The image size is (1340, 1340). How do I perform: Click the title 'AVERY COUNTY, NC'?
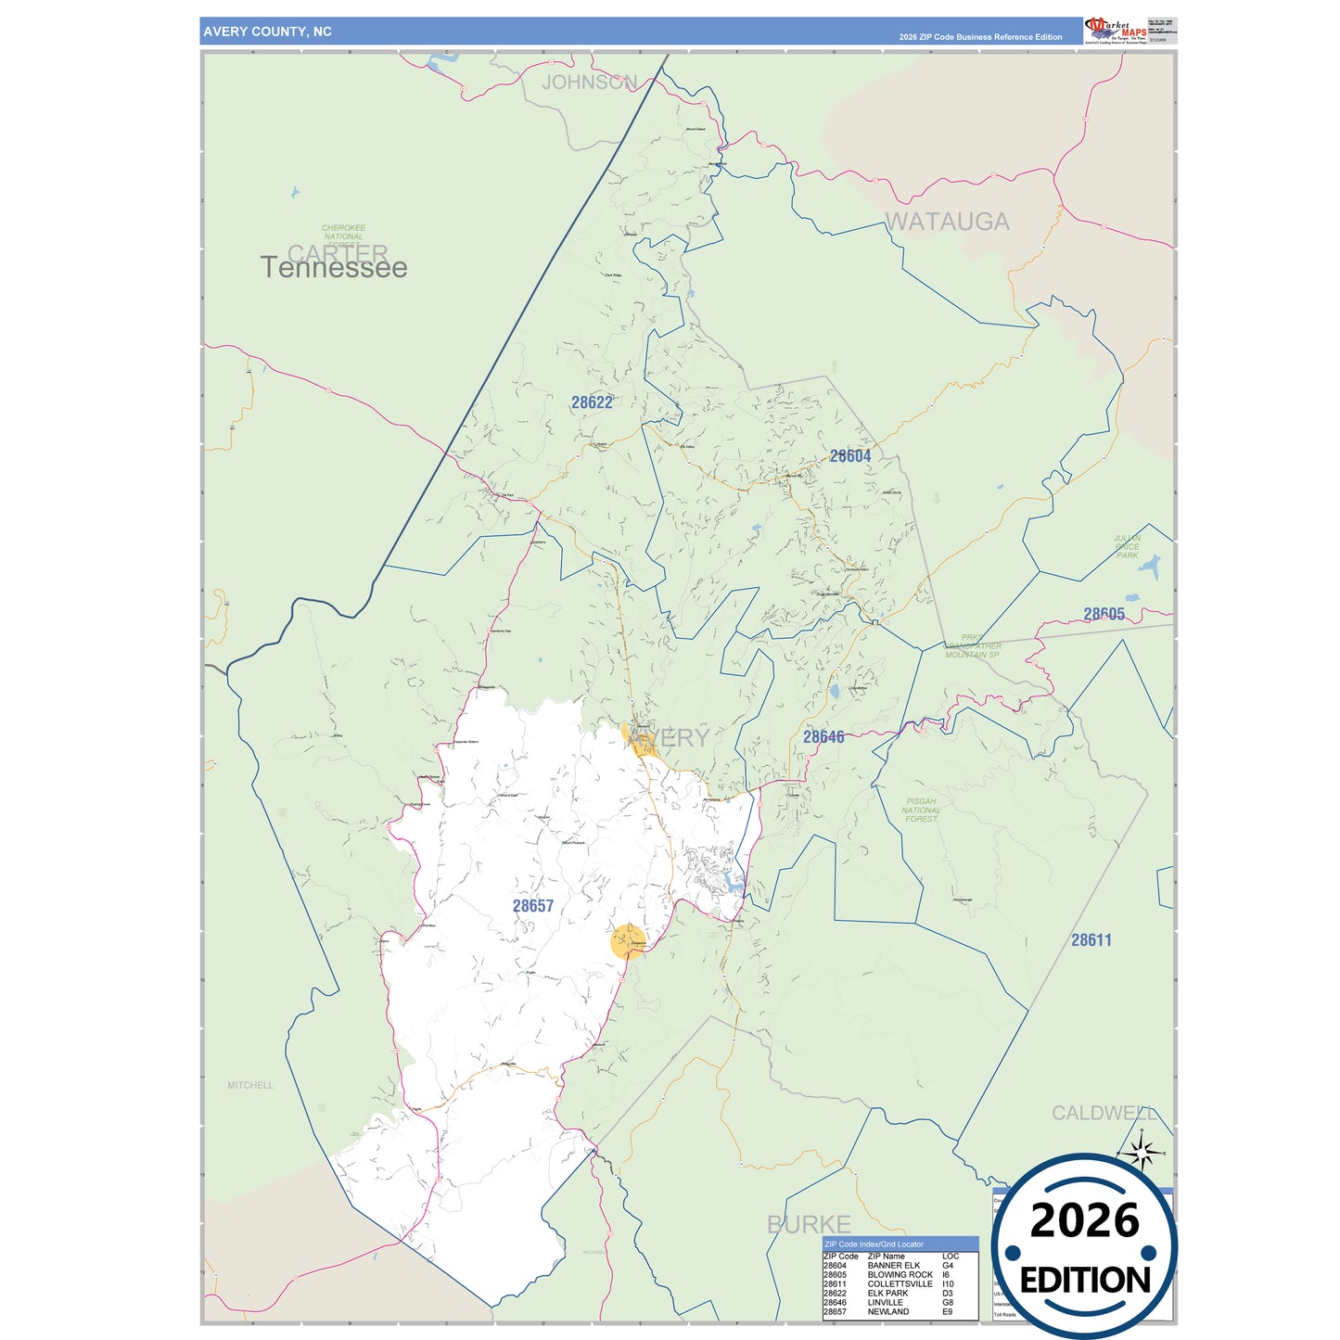(267, 32)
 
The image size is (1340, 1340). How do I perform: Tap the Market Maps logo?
(1116, 30)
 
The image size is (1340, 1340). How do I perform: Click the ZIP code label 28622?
(592, 402)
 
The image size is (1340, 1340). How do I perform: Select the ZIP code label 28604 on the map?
(850, 456)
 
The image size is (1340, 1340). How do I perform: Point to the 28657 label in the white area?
(533, 906)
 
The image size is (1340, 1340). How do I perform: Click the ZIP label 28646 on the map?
(823, 737)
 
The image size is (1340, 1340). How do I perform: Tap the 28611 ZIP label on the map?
(1091, 940)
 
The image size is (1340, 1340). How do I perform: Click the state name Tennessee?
(334, 268)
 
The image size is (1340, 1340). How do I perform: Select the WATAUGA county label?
(947, 222)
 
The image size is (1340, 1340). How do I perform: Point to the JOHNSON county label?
(590, 83)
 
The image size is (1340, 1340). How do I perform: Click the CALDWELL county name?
(1104, 1113)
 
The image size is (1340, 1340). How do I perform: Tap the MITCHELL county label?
(250, 1085)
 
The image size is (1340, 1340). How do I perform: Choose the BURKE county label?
(809, 1224)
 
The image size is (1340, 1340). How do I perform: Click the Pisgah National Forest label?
(921, 810)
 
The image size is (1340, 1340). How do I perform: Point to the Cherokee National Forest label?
(344, 236)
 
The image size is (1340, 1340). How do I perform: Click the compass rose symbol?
(1142, 1153)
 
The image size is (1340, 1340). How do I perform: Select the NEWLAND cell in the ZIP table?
(887, 1312)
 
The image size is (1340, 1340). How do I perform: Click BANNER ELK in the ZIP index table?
(893, 1266)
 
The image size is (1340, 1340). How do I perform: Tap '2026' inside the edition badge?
(1084, 1221)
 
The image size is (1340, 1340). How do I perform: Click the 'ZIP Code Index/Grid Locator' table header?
(874, 1244)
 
